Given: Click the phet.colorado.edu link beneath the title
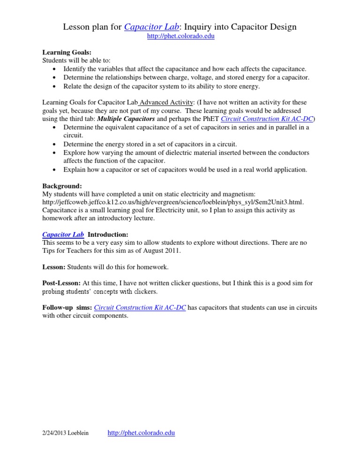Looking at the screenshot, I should tap(180, 37).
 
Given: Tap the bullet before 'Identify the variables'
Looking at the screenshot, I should tap(56, 69).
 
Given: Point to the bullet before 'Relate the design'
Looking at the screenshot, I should tap(56, 86).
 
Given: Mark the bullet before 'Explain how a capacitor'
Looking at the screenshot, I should tap(56, 170).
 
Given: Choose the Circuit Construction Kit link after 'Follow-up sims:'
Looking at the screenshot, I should tap(140, 308).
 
